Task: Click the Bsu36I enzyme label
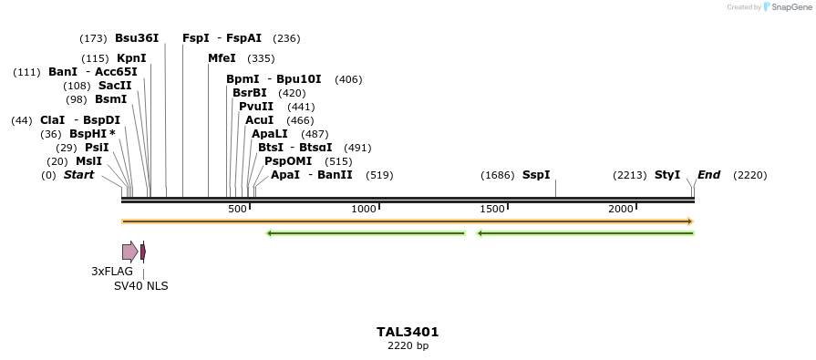tap(137, 38)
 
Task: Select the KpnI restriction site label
tap(131, 58)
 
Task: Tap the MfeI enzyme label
tap(222, 58)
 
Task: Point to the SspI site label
tap(536, 175)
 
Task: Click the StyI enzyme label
tap(667, 175)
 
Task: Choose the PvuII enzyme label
tap(256, 107)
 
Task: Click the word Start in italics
tap(78, 175)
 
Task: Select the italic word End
tap(708, 175)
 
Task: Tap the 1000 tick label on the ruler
tap(364, 210)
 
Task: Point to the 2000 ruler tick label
tap(621, 210)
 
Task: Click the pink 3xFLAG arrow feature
tap(129, 252)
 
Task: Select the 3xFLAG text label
tap(112, 272)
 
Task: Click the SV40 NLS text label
tap(140, 286)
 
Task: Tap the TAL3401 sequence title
tap(408, 332)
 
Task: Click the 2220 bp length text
tap(408, 346)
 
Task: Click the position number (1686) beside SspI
tap(498, 175)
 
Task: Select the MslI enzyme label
tap(88, 161)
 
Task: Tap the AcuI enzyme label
tap(260, 120)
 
